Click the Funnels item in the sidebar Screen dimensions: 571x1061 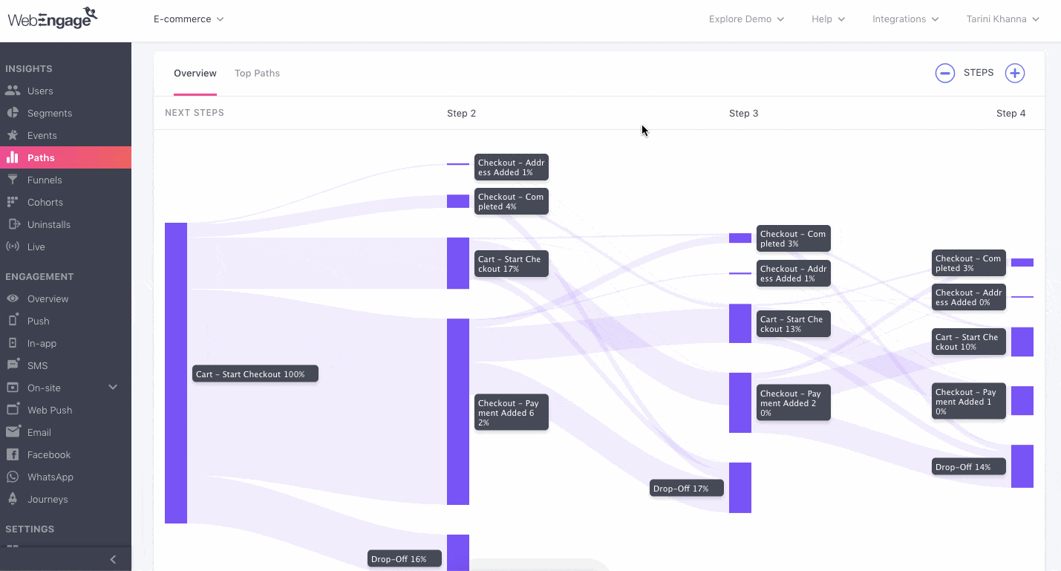pyautogui.click(x=44, y=180)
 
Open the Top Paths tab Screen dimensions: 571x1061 pyautogui.click(x=257, y=74)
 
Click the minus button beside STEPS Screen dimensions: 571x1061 pyautogui.click(x=944, y=73)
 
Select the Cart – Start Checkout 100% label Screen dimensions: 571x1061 pyautogui.click(x=255, y=374)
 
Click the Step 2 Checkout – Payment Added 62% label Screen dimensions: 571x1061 pyautogui.click(x=511, y=412)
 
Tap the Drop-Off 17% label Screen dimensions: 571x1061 pyautogui.click(x=686, y=489)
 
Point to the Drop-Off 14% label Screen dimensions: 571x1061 pyautogui.click(x=968, y=467)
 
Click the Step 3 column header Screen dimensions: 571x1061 pyautogui.click(x=743, y=114)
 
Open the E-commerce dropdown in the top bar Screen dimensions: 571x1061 pyautogui.click(x=189, y=19)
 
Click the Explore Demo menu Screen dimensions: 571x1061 pyautogui.click(x=746, y=19)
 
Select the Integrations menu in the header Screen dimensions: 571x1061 pyautogui.click(x=905, y=19)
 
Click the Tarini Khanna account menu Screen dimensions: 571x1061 pyautogui.click(x=1002, y=19)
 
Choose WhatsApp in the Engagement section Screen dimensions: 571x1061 pyautogui.click(x=50, y=477)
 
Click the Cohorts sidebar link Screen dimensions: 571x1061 pyautogui.click(x=45, y=202)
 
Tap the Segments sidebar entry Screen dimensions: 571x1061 pyautogui.click(x=49, y=113)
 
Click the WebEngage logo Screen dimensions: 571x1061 pyautogui.click(x=53, y=18)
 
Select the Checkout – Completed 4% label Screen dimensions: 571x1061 pyautogui.click(x=511, y=201)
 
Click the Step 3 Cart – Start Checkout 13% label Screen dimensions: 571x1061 pyautogui.click(x=793, y=324)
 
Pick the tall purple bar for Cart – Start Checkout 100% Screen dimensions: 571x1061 pyautogui.click(x=176, y=373)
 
